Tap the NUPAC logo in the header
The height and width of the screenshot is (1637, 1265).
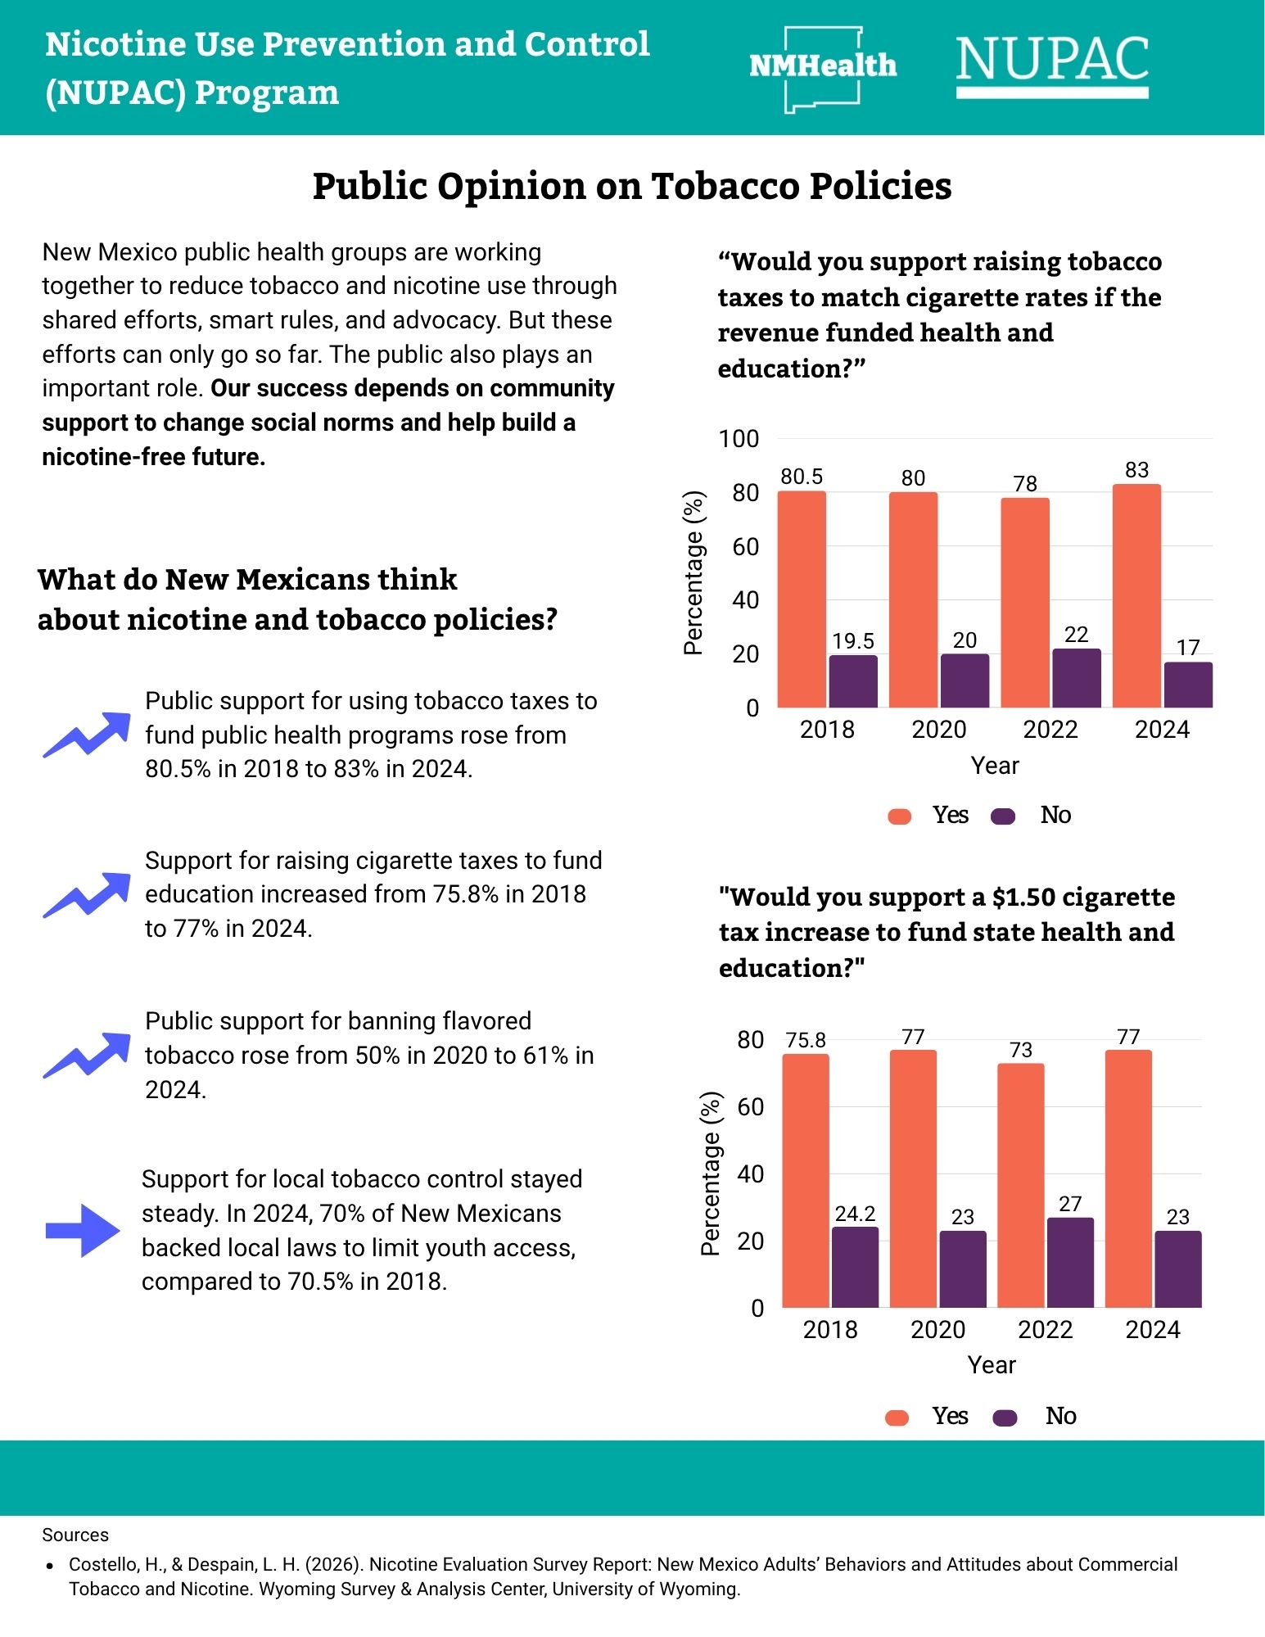pos(1052,66)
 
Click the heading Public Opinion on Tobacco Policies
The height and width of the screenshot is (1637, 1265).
pos(632,186)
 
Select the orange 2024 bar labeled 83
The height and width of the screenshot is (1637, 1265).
pos(1136,595)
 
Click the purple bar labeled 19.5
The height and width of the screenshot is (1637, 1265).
pos(853,681)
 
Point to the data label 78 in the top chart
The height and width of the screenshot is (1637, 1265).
pos(1025,484)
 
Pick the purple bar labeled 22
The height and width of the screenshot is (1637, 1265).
pos(1077,677)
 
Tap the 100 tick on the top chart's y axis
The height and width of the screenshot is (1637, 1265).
pos(739,439)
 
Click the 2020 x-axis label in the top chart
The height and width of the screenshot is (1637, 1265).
pos(939,729)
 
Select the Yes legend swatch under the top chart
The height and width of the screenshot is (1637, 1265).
pos(900,816)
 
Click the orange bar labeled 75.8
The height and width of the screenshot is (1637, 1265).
pos(806,1180)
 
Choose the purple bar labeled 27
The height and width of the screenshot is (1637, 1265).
pos(1070,1262)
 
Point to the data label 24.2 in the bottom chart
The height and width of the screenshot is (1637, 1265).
pos(855,1213)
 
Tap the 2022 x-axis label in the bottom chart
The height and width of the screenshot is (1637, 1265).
pos(1046,1329)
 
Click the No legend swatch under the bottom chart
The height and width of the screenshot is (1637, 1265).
pos(1005,1418)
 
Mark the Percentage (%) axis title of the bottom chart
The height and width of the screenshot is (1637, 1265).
pos(710,1173)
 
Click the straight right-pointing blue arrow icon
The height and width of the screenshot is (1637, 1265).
pos(83,1230)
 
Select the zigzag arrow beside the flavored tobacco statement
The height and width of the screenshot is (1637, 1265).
pos(86,1056)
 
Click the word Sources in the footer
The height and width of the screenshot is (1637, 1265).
pos(75,1535)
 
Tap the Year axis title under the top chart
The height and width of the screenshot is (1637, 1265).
pos(995,766)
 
